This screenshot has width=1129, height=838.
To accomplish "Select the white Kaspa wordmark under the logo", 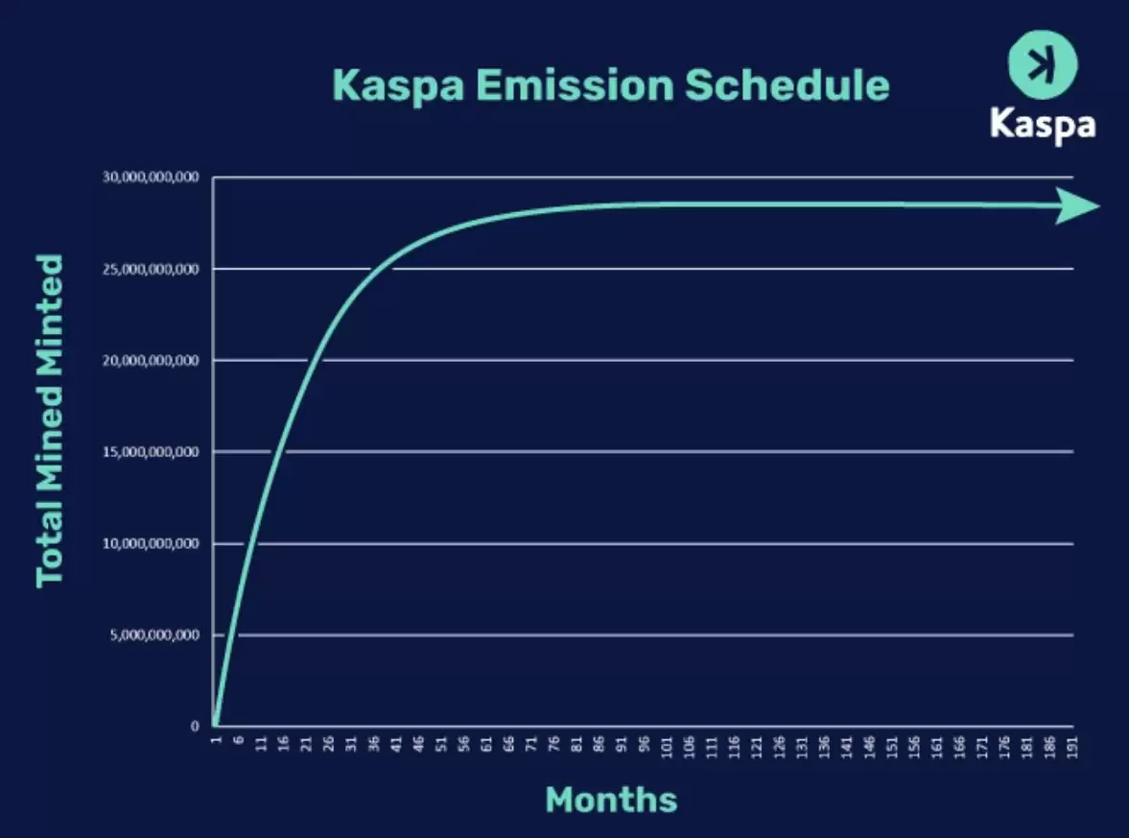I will [x=1042, y=124].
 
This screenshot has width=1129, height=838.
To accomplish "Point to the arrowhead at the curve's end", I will [x=1079, y=205].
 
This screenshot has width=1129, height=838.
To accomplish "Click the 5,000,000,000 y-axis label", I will [x=153, y=635].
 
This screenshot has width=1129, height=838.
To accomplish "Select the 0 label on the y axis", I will [x=195, y=727].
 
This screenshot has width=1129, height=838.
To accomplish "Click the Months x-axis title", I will [x=611, y=800].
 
